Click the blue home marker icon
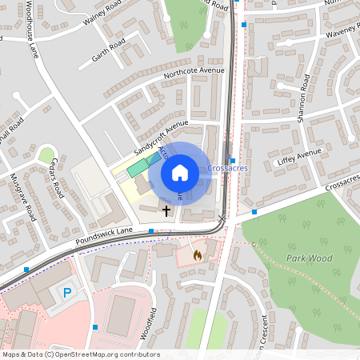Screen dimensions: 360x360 [180, 172]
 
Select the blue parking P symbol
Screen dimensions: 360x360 [67, 293]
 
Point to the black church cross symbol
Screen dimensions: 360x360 [166, 211]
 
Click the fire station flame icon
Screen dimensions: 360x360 [198, 254]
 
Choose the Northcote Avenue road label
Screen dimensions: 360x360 [194, 71]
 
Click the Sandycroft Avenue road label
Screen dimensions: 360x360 [160, 137]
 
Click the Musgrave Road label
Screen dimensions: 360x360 [23, 196]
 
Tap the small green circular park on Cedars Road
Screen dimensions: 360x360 [47, 154]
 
